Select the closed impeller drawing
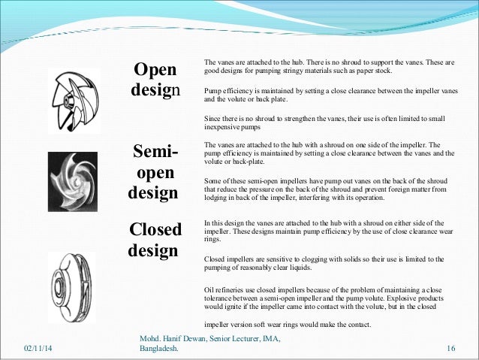[x=73, y=279]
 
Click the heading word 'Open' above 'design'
[x=155, y=70]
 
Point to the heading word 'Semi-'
[x=155, y=154]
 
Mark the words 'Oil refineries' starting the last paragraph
[x=224, y=290]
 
